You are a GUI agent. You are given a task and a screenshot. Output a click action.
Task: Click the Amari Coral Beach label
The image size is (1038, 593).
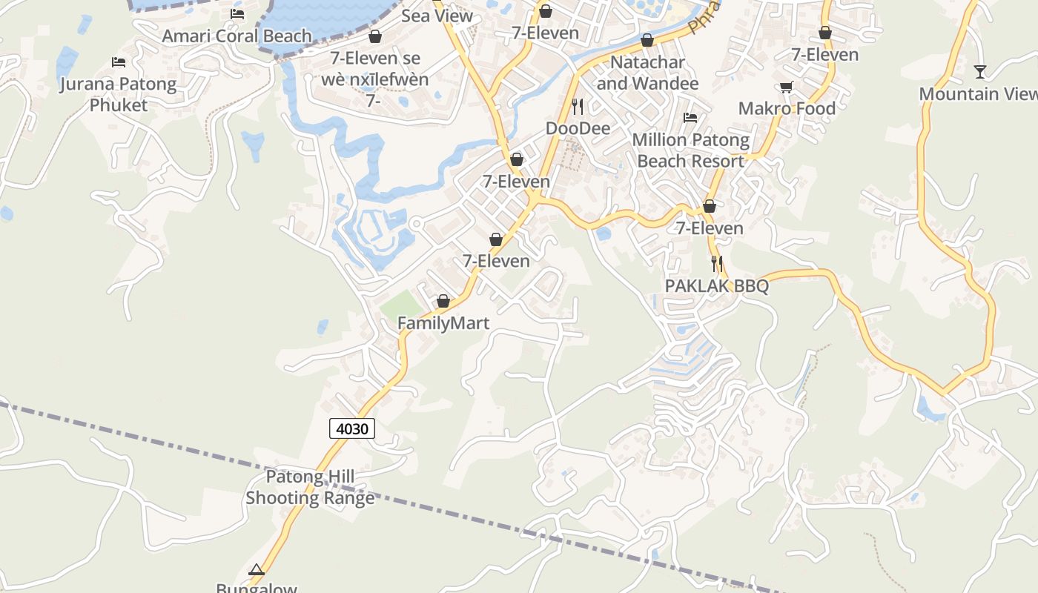(x=237, y=36)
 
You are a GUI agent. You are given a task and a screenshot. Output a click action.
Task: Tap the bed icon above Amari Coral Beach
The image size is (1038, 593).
(x=237, y=13)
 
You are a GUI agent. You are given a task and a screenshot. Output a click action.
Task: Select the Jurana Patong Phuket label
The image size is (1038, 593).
(x=119, y=94)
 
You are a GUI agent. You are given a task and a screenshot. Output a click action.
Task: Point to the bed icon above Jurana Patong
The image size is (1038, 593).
(x=118, y=62)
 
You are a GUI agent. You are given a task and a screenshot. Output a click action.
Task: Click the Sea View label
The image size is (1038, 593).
(x=437, y=16)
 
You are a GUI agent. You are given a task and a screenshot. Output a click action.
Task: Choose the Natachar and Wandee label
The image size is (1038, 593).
(x=647, y=73)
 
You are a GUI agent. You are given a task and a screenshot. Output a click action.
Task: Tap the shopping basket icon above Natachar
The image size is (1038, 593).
(x=647, y=40)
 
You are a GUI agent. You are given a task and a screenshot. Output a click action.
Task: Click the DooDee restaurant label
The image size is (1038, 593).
(x=578, y=128)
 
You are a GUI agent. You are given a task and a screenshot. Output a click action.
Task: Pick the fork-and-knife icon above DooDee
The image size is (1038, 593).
(x=578, y=106)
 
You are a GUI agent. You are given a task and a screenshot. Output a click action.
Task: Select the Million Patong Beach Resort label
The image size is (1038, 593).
(x=690, y=150)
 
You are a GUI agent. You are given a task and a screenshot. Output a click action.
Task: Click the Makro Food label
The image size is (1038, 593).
(x=787, y=108)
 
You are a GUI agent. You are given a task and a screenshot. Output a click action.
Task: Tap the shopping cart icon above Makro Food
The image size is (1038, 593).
(x=787, y=87)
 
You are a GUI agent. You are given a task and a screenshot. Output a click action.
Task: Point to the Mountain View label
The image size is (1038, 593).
(x=978, y=94)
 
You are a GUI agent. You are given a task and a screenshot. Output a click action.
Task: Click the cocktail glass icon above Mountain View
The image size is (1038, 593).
(x=980, y=72)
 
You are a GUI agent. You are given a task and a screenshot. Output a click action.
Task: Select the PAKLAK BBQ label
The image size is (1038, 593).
(x=716, y=286)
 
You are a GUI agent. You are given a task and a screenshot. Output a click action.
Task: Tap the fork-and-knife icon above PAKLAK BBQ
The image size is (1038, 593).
(x=716, y=263)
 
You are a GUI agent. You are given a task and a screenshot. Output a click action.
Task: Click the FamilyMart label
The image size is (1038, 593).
(x=443, y=323)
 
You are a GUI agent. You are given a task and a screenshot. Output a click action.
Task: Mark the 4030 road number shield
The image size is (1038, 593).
(x=353, y=428)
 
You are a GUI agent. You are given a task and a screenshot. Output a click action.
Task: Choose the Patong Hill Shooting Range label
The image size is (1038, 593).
(x=310, y=487)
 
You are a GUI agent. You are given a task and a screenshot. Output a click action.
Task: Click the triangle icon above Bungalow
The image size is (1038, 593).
(x=257, y=570)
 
